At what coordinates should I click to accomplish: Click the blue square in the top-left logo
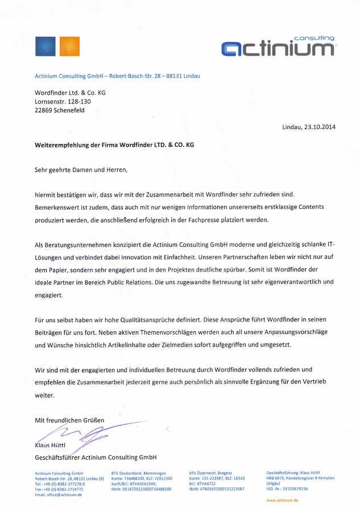(x=45, y=46)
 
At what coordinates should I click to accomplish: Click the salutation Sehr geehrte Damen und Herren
(x=81, y=169)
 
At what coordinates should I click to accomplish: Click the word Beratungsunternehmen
(x=77, y=245)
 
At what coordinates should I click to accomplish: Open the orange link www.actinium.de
(x=282, y=500)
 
